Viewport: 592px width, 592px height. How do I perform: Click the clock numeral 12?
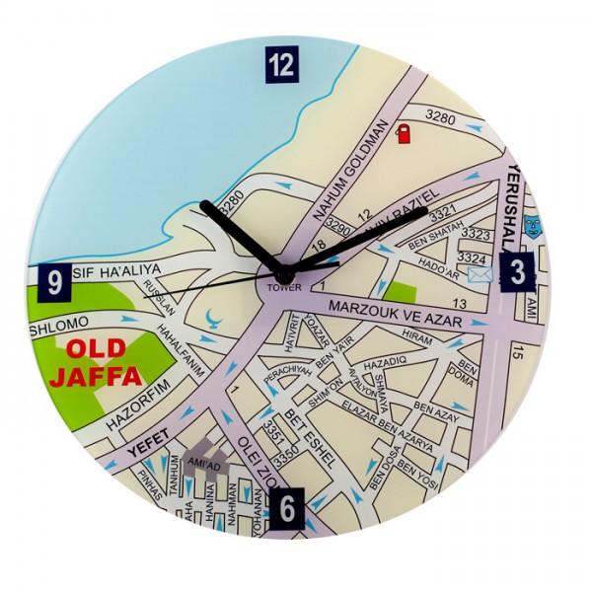pyautogui.click(x=281, y=66)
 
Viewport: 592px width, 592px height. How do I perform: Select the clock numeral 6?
pyautogui.click(x=286, y=508)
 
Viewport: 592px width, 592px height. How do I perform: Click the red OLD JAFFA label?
pyautogui.click(x=102, y=363)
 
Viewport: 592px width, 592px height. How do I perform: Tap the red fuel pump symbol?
pyautogui.click(x=403, y=134)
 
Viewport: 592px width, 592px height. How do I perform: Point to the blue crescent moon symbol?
pyautogui.click(x=214, y=319)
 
